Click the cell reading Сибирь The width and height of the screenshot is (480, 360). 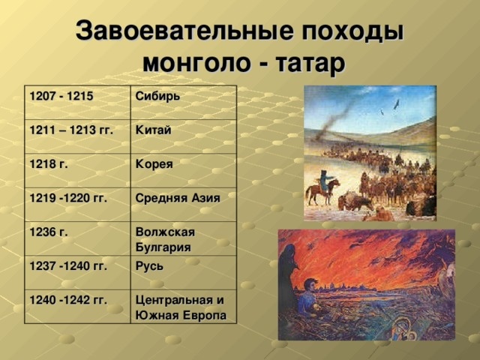(x=157, y=97)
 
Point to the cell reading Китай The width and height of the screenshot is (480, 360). (x=153, y=130)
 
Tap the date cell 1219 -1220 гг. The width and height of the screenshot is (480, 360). (x=67, y=197)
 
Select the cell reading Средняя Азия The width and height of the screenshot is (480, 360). (x=177, y=197)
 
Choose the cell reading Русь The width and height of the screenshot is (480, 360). (x=151, y=265)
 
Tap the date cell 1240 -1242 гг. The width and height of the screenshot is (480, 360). (x=67, y=300)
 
